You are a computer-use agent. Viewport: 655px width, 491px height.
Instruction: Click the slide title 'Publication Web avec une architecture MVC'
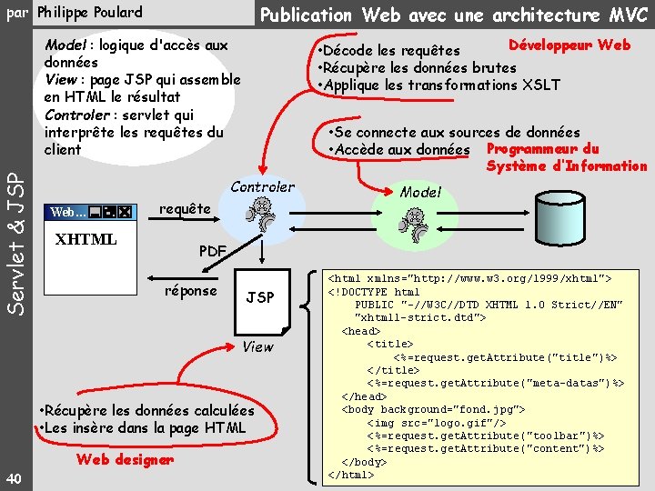[454, 15]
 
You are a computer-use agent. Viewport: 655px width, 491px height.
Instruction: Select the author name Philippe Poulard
[89, 13]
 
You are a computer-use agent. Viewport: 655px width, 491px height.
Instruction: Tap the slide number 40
[13, 479]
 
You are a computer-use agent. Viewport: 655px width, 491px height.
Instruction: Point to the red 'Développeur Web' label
[569, 45]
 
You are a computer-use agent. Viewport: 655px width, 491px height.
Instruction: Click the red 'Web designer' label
[125, 459]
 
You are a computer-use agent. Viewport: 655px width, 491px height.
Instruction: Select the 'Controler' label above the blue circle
[262, 187]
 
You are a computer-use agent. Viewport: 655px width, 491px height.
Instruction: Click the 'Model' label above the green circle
[420, 192]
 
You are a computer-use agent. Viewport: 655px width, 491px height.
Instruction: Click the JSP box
[260, 297]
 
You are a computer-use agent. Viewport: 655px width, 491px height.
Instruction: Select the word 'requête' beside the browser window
[184, 209]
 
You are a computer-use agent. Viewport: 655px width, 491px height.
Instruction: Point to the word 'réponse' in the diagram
[190, 291]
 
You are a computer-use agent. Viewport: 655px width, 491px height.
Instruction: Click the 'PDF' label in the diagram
[213, 250]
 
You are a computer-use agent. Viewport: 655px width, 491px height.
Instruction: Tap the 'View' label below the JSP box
[257, 346]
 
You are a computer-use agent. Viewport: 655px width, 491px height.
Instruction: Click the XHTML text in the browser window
[86, 239]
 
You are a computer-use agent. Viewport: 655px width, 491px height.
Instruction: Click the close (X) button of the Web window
[125, 212]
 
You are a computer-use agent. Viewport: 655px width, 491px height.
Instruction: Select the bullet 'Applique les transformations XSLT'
[438, 85]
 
